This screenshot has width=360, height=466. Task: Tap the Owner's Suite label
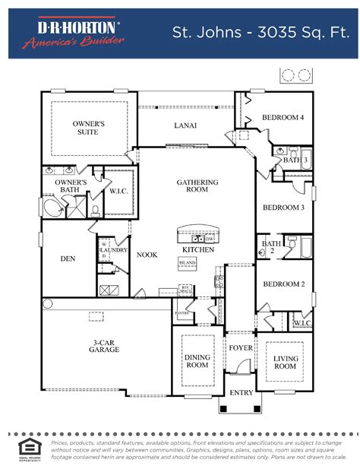[x=88, y=127]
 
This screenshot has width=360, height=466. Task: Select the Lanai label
[x=185, y=125]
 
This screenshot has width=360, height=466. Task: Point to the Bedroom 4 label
[x=283, y=118]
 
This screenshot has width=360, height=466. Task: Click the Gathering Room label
[x=197, y=186]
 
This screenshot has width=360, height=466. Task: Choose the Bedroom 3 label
[x=283, y=208]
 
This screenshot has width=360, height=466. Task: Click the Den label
[x=68, y=258]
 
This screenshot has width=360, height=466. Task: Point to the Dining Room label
[x=197, y=360]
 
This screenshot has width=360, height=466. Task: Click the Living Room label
[x=285, y=362]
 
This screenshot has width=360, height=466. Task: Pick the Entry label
[x=242, y=393]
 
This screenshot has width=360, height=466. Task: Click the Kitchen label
[x=198, y=249]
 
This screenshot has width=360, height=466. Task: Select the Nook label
[x=147, y=255]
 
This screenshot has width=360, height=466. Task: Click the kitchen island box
[x=187, y=262]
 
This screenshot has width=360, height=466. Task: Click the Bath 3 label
[x=295, y=160]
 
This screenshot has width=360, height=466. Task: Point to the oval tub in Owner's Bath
[x=52, y=208]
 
